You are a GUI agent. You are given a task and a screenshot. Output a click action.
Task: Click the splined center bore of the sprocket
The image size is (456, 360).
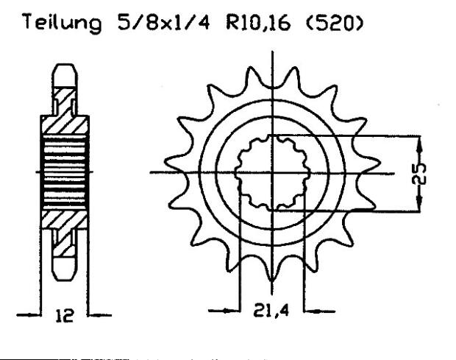271,174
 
